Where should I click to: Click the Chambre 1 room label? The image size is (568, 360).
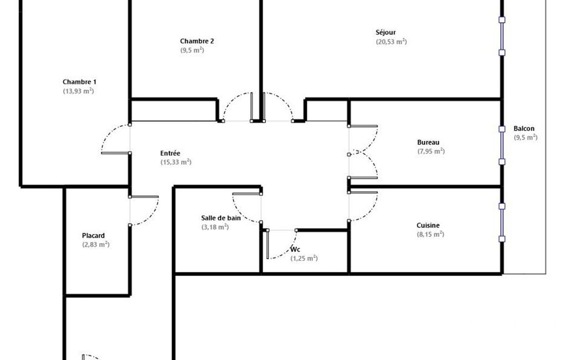[x=79, y=82]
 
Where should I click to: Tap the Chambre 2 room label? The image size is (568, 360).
[x=197, y=41]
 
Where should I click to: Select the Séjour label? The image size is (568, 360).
[x=386, y=32]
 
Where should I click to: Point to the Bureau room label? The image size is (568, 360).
[x=428, y=142]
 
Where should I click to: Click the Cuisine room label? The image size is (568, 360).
[x=428, y=225]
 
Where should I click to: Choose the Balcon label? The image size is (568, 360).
[x=524, y=128]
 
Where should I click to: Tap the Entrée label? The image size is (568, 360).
[x=170, y=153]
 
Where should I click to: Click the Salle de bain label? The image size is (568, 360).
[x=221, y=218]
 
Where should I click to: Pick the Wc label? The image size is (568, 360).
[x=295, y=250]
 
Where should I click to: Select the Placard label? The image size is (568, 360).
[x=93, y=235]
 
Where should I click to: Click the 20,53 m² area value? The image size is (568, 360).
[x=391, y=42]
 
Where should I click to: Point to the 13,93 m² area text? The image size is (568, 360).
[x=78, y=91]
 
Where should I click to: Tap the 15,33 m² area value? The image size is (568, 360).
[x=176, y=162]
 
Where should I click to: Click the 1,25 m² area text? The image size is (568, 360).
[x=304, y=258]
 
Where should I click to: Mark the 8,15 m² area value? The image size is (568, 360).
[x=431, y=234]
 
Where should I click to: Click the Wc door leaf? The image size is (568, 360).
[x=268, y=244]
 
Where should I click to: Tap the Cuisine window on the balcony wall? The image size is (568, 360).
[x=502, y=223]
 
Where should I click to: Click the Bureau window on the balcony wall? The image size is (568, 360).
[x=502, y=145]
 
